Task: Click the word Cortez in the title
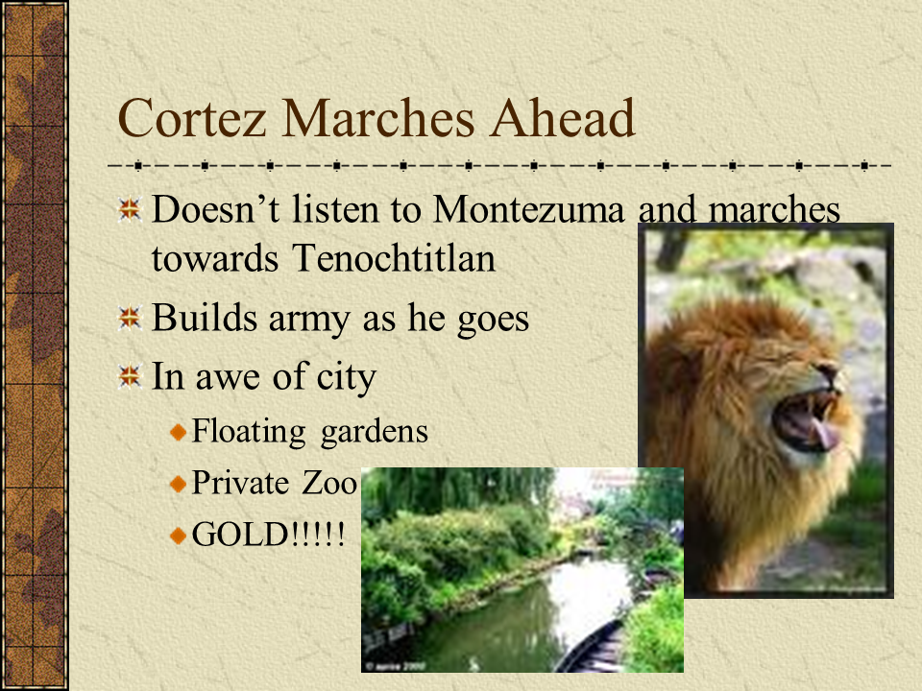pyautogui.click(x=192, y=118)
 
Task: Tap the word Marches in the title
pyautogui.click(x=378, y=118)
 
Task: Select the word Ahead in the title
pyautogui.click(x=563, y=118)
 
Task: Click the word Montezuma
pyautogui.click(x=528, y=209)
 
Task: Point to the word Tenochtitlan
pyautogui.click(x=394, y=258)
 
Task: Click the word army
pyautogui.click(x=308, y=321)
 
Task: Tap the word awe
pyautogui.click(x=228, y=378)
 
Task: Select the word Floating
pyautogui.click(x=249, y=432)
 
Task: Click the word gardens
pyautogui.click(x=374, y=432)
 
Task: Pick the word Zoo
pyautogui.click(x=329, y=483)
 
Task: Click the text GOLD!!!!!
pyautogui.click(x=268, y=535)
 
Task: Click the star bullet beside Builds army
pyautogui.click(x=130, y=318)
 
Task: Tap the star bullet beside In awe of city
pyautogui.click(x=130, y=376)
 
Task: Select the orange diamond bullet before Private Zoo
pyautogui.click(x=179, y=484)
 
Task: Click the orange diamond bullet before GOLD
pyautogui.click(x=179, y=536)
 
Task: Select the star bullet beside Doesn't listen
pyautogui.click(x=130, y=209)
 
